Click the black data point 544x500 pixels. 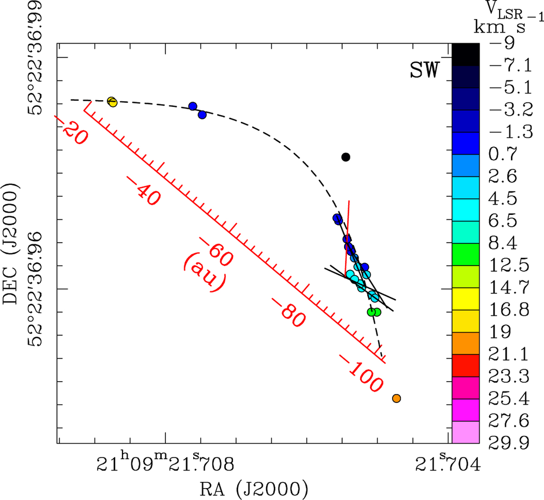[346, 157]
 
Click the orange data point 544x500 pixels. [396, 398]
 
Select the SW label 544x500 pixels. [424, 70]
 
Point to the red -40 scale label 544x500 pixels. [145, 191]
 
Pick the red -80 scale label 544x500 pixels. [289, 313]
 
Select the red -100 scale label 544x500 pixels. [361, 374]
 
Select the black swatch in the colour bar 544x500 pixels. [466, 55]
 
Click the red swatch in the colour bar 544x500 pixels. [466, 365]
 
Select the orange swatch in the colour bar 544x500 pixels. [466, 343]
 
